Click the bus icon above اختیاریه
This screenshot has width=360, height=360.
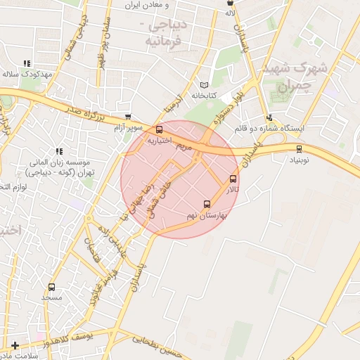click(x=160, y=129)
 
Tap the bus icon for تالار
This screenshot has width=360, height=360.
click(x=233, y=179)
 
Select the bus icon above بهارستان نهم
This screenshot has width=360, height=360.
click(x=206, y=205)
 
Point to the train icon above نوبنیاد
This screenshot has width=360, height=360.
click(x=300, y=148)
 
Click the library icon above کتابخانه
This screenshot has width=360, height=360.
click(x=205, y=84)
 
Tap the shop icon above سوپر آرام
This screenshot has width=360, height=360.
click(x=127, y=118)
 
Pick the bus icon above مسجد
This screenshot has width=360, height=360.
click(x=51, y=287)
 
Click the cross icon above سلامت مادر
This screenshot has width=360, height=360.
click(x=15, y=345)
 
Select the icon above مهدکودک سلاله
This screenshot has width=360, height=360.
click(x=27, y=63)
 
